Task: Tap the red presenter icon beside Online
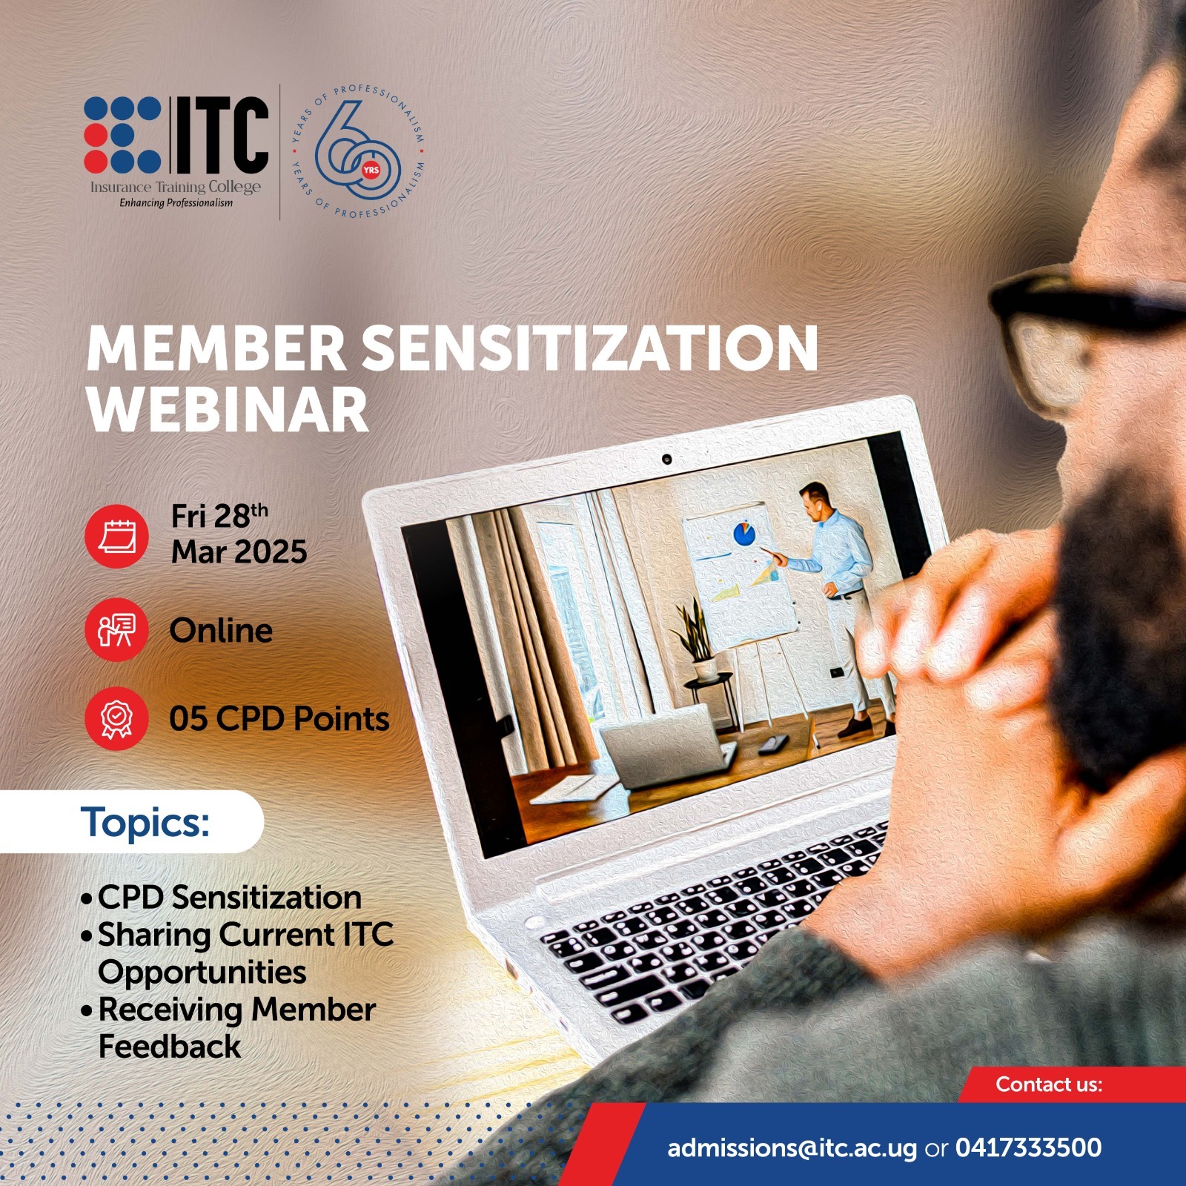point(116,631)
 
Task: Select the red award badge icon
point(116,718)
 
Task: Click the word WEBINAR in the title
point(228,410)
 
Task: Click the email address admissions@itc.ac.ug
point(792,1148)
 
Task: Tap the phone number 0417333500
point(1028,1148)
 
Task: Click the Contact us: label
point(1048,1084)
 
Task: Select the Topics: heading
point(145,822)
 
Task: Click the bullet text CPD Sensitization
point(230,898)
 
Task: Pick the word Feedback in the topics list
point(170,1047)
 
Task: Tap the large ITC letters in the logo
point(220,134)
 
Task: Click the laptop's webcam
point(666,460)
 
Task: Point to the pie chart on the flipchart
point(744,533)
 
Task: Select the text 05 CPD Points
point(279,719)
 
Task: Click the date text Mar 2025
point(239,552)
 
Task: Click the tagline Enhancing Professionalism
point(176,203)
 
